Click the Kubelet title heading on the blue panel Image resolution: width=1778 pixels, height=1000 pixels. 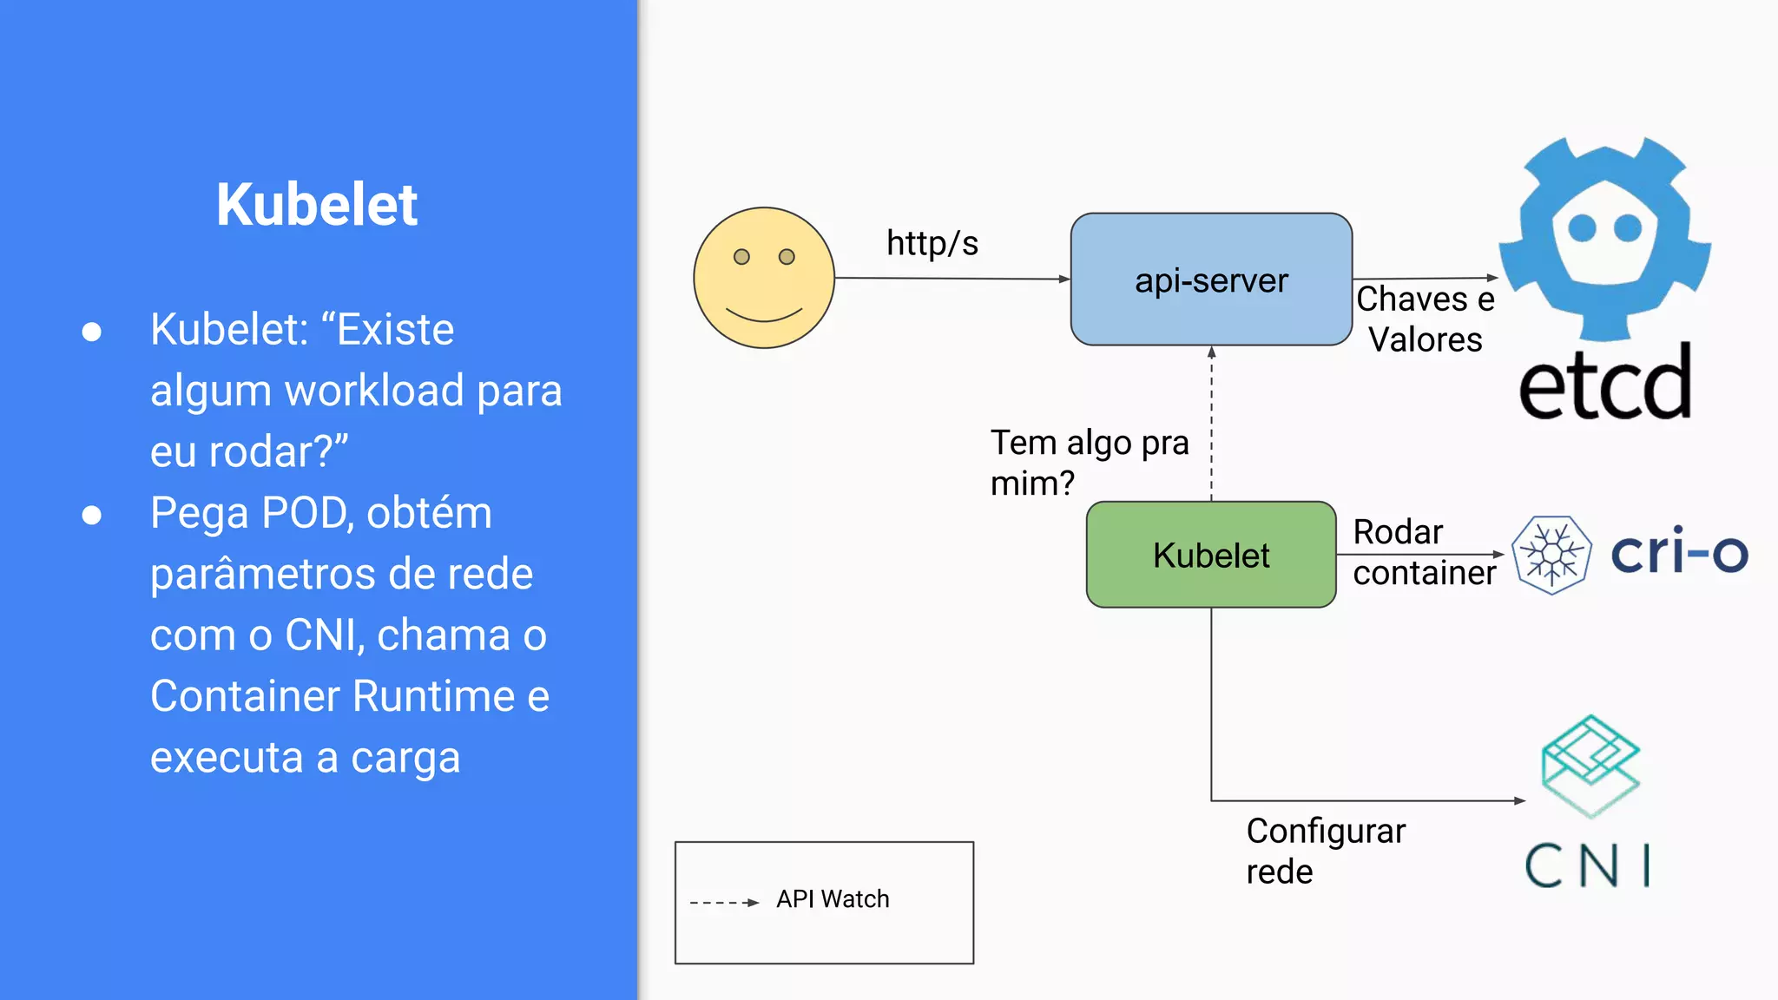coord(317,205)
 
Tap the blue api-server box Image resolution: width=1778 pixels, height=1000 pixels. coord(1211,280)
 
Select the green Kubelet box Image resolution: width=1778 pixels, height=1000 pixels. coord(1211,555)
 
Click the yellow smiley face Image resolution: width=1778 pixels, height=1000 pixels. coord(764,278)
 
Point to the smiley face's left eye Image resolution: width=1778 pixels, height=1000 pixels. coord(741,257)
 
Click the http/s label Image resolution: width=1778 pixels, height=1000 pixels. coord(932,244)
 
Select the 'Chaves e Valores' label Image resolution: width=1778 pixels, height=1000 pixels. coord(1426,319)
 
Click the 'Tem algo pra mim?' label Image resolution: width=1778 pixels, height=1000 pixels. coord(1089,463)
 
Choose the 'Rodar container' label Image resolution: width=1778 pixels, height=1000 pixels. coord(1424,552)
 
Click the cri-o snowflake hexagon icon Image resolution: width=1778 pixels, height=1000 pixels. coord(1551,555)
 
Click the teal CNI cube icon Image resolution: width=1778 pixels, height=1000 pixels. coord(1590,765)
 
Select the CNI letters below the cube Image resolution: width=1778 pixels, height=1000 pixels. coord(1588,865)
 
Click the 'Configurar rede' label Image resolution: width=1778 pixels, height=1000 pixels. coord(1325,851)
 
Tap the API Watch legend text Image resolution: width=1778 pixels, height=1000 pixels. coord(833,899)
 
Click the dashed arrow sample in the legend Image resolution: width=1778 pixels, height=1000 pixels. coord(724,903)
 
